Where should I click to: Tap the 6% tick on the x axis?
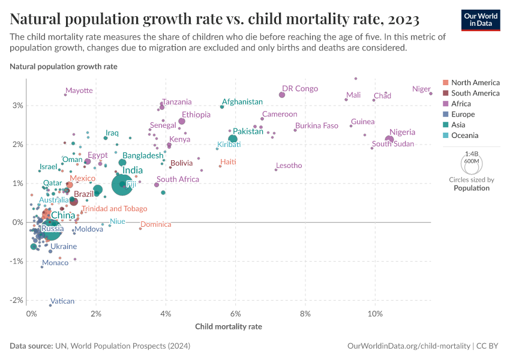(236, 314)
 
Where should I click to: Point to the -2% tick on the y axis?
(17, 300)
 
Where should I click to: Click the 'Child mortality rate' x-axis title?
(229, 327)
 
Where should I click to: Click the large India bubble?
(122, 184)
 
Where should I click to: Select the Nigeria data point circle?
(389, 140)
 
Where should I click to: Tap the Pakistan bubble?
(233, 139)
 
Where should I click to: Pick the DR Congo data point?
(282, 95)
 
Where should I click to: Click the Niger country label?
(421, 89)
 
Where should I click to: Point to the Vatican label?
(62, 301)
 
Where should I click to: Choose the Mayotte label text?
(79, 91)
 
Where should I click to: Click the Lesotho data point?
(276, 170)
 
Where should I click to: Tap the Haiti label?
(228, 162)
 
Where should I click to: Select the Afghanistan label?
(242, 102)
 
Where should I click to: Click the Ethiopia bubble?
(182, 122)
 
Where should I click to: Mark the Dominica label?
(156, 224)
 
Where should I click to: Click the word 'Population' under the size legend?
(471, 188)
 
